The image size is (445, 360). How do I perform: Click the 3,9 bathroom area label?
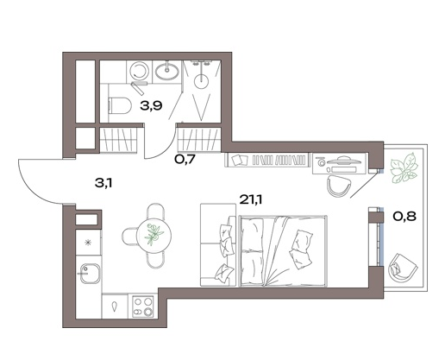tap(151, 106)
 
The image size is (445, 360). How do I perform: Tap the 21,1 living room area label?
tap(251, 199)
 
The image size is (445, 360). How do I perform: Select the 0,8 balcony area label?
tap(404, 216)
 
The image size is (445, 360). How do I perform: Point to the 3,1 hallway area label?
tap(103, 183)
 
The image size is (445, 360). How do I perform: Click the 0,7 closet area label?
tap(185, 159)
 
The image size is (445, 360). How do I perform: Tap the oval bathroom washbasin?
tap(167, 71)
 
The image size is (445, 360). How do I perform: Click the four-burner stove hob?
tap(143, 306)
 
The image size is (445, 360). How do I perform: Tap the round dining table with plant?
tap(154, 236)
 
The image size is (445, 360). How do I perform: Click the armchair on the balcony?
tap(403, 268)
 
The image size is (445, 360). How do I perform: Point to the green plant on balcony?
tap(404, 168)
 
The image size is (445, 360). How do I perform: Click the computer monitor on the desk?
tap(343, 160)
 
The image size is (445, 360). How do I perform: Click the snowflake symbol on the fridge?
tap(88, 243)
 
